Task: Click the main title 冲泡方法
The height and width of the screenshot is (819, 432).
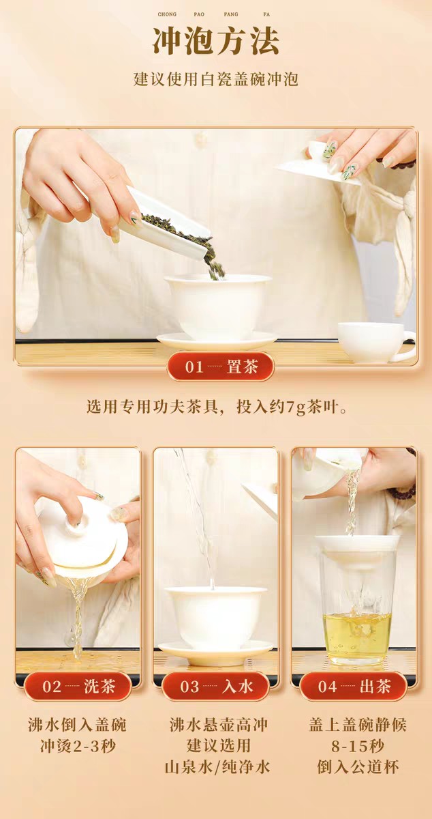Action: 215,42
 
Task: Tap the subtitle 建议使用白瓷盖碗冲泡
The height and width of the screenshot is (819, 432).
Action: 215,79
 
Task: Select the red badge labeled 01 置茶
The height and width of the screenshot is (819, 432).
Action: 221,367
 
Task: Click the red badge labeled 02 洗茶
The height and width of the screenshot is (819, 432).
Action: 77,687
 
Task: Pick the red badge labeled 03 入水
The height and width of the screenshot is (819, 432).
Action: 215,687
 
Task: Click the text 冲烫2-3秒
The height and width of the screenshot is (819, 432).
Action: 77,746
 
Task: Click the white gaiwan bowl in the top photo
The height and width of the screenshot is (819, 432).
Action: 217,304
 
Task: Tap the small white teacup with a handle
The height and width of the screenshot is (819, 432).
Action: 373,341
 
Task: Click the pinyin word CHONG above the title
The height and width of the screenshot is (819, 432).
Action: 167,14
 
